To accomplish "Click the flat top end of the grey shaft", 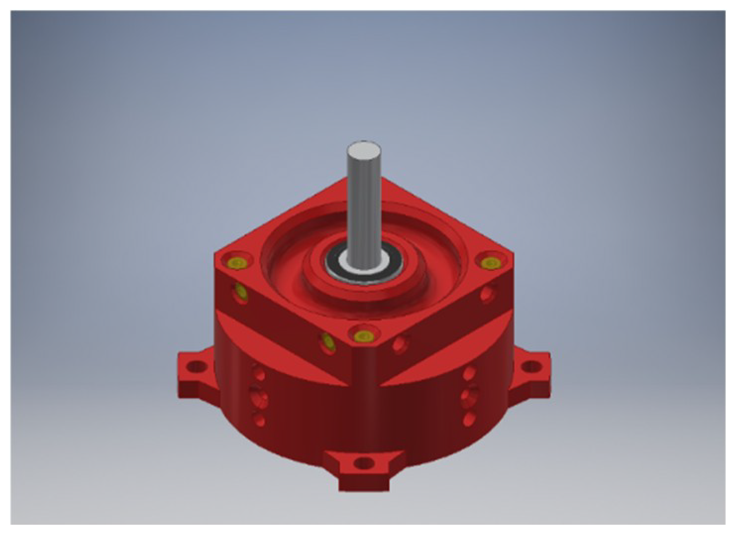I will tap(364, 151).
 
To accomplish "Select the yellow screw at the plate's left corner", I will tap(238, 262).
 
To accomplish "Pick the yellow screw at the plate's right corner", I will tap(490, 263).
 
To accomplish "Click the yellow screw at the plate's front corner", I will tap(363, 336).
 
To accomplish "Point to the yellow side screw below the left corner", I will tap(242, 293).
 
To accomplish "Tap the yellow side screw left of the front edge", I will tap(327, 341).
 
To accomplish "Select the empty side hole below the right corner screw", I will tap(487, 295).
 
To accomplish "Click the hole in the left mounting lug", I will tap(197, 367).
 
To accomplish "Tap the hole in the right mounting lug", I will tap(532, 367).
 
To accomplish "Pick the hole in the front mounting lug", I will tap(365, 464).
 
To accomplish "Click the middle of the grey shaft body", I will tap(364, 208).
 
